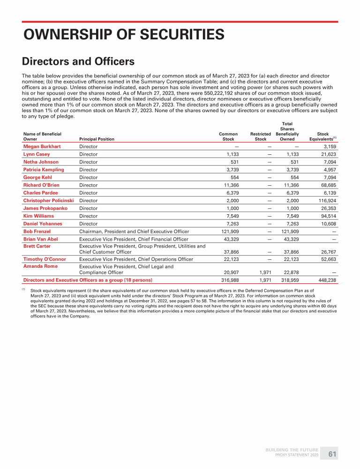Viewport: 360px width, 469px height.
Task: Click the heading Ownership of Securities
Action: pos(124,34)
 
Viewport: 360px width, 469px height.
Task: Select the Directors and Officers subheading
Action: pos(78,61)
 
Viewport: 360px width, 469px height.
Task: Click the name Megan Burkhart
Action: pos(42,146)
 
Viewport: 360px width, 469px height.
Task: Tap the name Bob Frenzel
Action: pos(37,231)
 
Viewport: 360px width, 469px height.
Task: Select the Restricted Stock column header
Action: pos(261,136)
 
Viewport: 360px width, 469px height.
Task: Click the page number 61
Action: pos(332,454)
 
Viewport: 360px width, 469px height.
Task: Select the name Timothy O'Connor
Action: pos(45,259)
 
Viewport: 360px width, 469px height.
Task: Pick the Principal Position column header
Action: pos(97,139)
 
